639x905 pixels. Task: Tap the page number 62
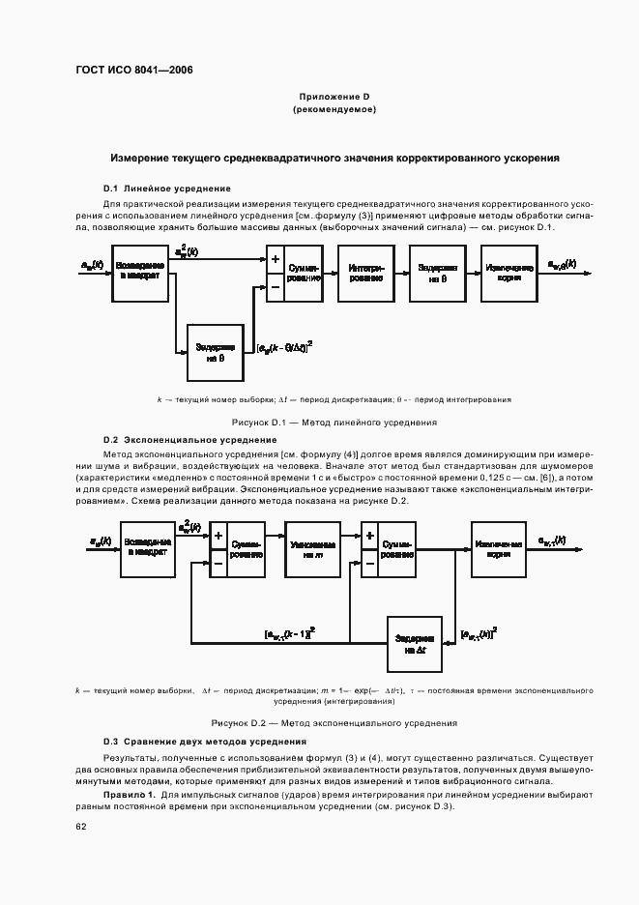tap(81, 828)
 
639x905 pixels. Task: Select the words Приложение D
tap(334, 98)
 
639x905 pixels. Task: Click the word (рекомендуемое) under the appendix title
tap(334, 111)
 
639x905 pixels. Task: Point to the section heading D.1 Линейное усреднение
tap(167, 188)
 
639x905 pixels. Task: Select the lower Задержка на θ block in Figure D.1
tap(216, 351)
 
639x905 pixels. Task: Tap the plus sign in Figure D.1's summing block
tap(276, 259)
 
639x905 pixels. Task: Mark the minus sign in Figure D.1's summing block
tap(276, 286)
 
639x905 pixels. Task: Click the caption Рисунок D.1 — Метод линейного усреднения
tap(334, 423)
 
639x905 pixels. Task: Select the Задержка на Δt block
tap(416, 642)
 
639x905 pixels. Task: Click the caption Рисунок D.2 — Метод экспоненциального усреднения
tap(334, 723)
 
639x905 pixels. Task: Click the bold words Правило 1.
tap(130, 793)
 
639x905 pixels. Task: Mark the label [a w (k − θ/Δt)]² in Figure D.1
tap(291, 345)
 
